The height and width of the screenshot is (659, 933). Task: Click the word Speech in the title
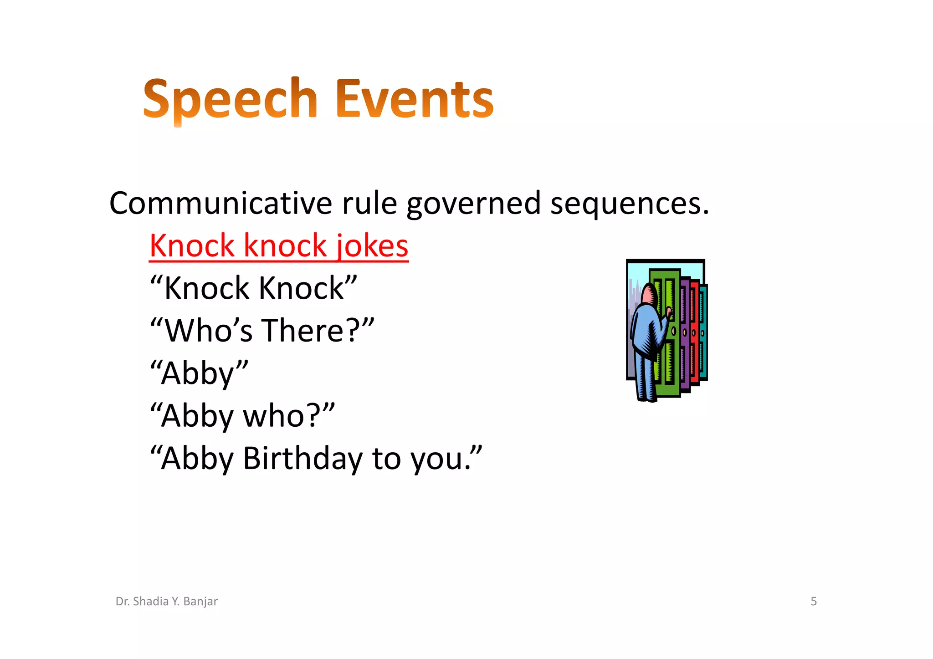coord(230,99)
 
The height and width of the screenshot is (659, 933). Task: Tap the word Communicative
coord(221,203)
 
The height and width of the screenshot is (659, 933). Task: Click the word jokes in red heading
coord(372,246)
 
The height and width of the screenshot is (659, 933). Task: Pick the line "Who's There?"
coord(262,330)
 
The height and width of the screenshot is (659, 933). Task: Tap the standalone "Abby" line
coord(199,373)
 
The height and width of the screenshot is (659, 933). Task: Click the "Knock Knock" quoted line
coord(253,288)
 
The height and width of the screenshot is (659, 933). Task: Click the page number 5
coord(814,601)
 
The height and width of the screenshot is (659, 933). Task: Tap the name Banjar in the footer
coord(200,602)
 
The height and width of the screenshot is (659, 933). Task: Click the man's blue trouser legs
coord(646,378)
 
